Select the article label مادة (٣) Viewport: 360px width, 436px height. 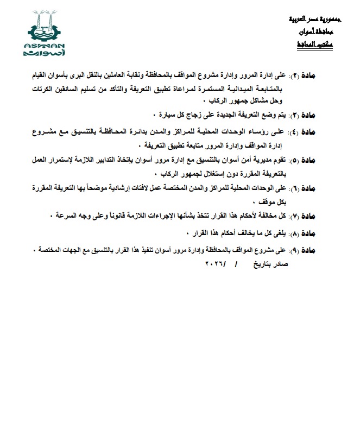pyautogui.click(x=315, y=116)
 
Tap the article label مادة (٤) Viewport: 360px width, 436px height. pyautogui.click(x=315, y=132)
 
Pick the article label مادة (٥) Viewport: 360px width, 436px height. pyautogui.click(x=315, y=161)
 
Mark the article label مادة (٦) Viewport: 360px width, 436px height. pyautogui.click(x=315, y=189)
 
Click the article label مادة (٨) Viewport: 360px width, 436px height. pyautogui.click(x=315, y=234)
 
